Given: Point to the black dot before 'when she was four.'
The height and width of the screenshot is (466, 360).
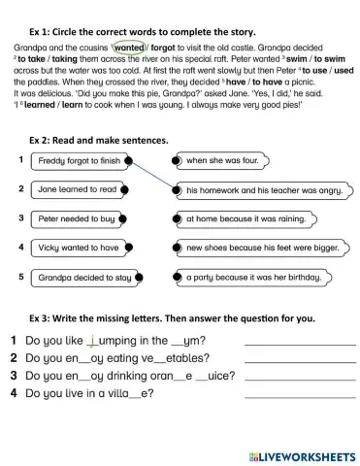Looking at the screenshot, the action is click(x=176, y=160).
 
